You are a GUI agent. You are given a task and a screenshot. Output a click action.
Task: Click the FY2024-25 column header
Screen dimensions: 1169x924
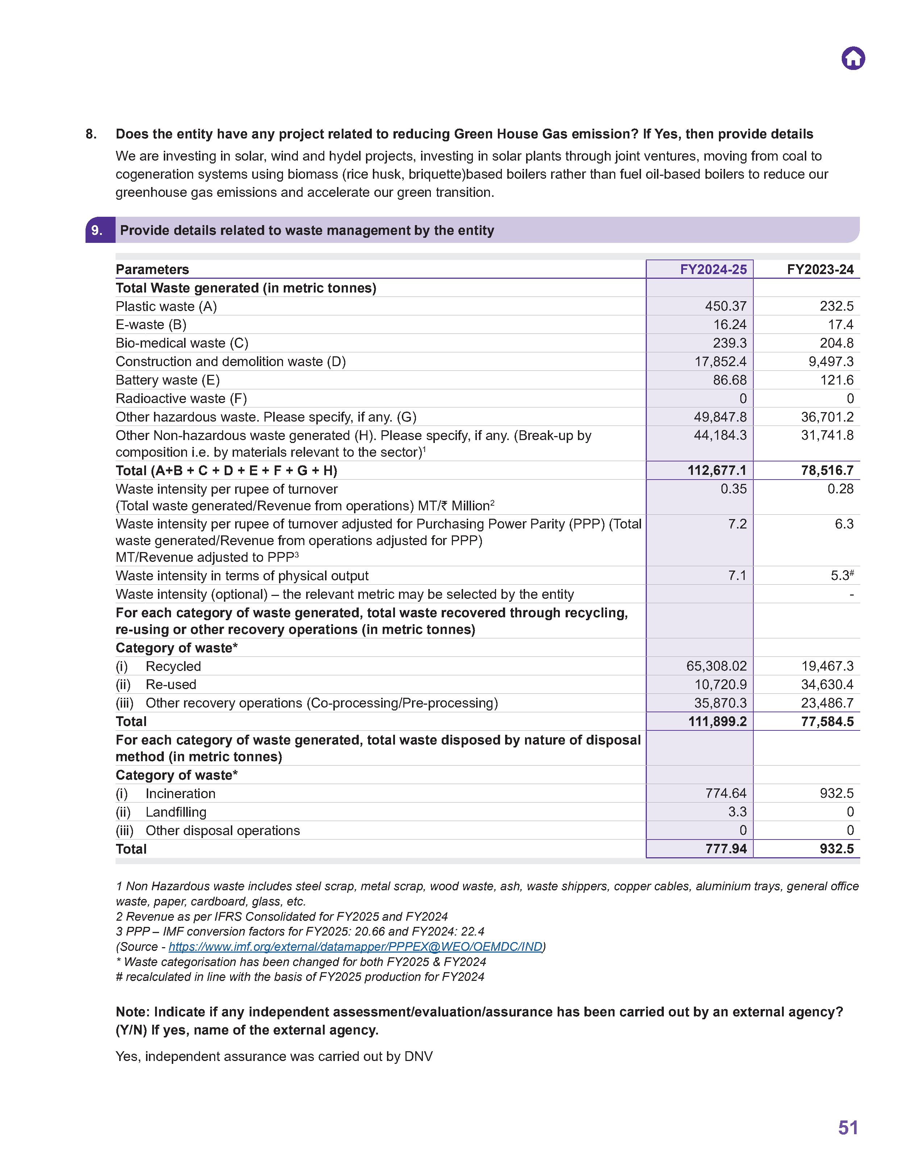713,270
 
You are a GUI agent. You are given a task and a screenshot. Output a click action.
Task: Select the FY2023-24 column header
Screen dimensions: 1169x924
820,270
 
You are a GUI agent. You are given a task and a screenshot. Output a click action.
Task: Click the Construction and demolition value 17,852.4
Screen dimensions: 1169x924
720,361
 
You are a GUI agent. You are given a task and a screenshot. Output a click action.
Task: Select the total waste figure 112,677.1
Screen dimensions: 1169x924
717,470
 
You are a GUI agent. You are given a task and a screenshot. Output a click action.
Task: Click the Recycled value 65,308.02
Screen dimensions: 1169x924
716,666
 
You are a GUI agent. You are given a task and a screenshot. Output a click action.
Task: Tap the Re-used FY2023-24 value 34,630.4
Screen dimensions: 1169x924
827,685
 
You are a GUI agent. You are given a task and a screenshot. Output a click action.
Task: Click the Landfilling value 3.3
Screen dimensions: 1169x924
737,812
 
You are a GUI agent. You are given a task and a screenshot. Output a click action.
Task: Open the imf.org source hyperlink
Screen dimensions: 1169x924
355,946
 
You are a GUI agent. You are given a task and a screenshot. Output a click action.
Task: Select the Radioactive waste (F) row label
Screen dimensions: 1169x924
181,398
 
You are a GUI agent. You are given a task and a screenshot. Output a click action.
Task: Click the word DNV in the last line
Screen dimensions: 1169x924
418,1056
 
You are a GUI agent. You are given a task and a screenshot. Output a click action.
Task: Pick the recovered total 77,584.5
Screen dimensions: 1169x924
827,721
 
